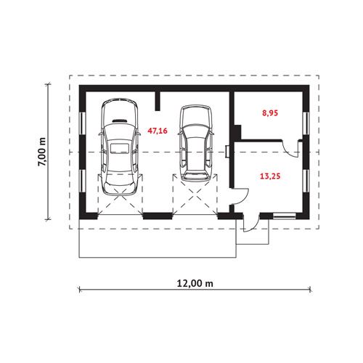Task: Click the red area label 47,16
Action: (158, 131)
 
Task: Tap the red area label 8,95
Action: (270, 113)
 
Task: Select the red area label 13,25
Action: (270, 176)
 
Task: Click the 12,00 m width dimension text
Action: (195, 283)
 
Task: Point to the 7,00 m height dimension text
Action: (41, 152)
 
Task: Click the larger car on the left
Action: (119, 147)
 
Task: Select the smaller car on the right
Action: (196, 143)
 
